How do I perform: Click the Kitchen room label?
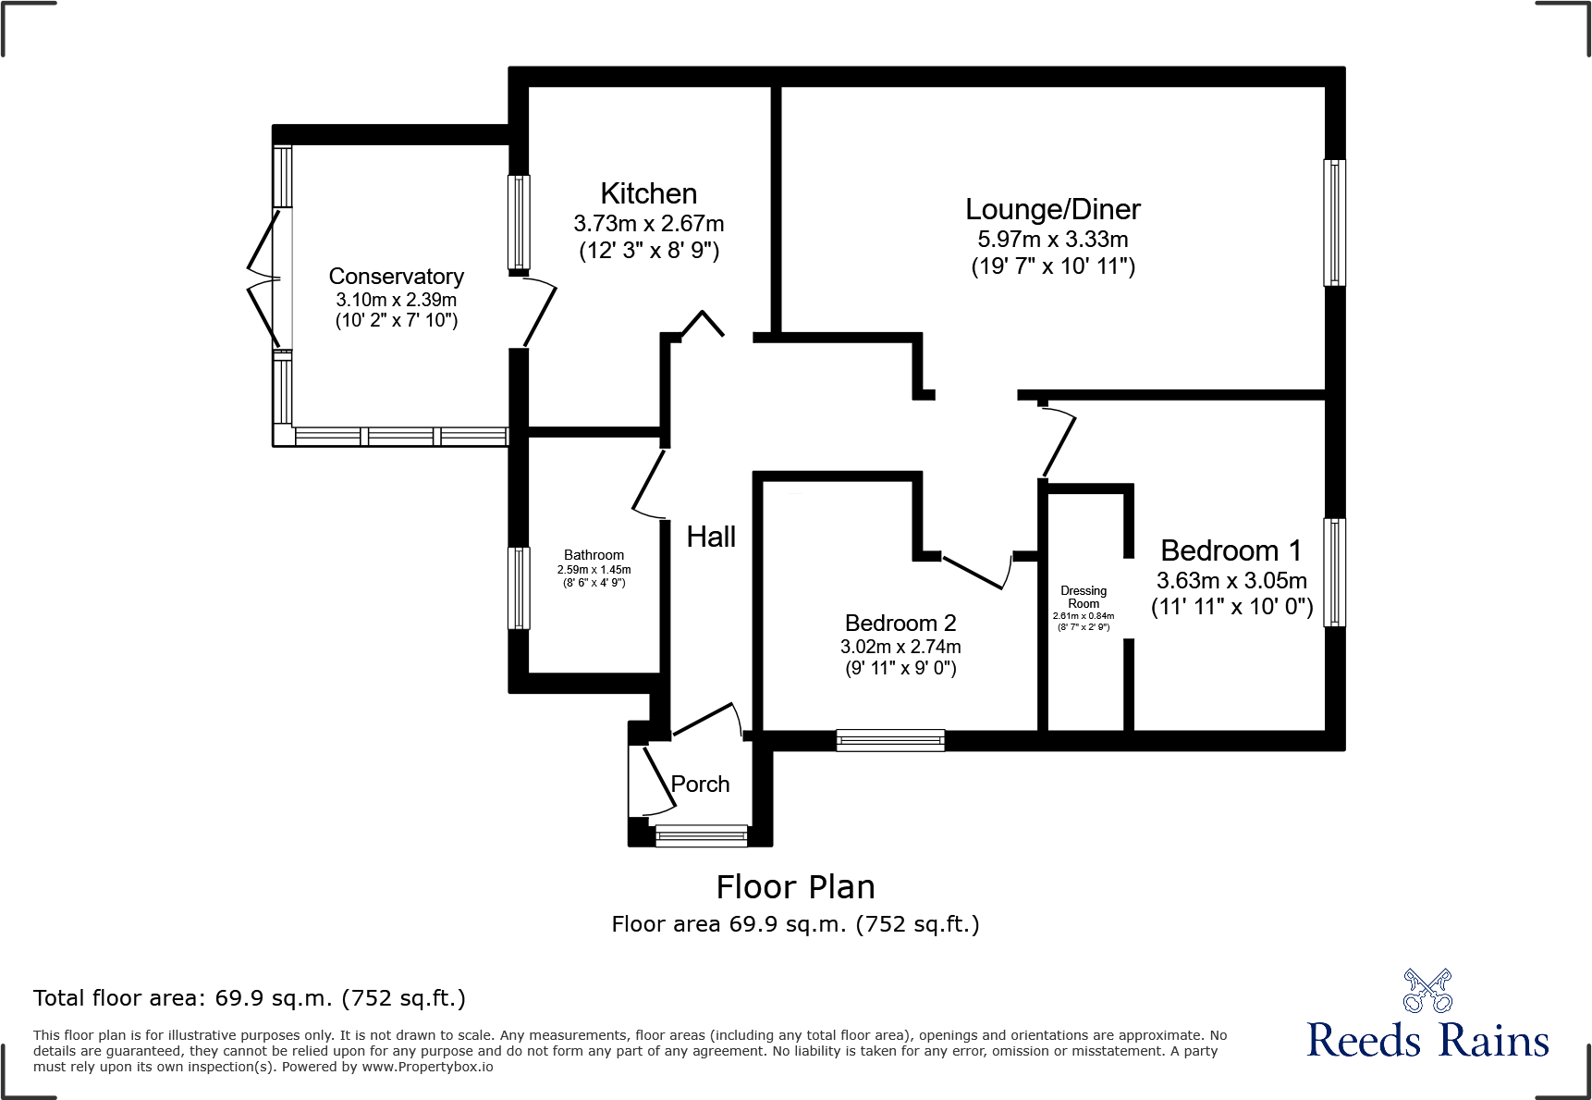tap(648, 193)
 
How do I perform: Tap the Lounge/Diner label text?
tap(1052, 209)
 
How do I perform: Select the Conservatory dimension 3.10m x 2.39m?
tap(396, 300)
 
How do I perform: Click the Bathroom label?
tap(594, 555)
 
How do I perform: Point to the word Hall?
tap(711, 537)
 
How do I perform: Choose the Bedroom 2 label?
tap(900, 623)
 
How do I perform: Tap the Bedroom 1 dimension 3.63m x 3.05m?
tap(1231, 581)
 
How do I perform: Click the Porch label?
tap(700, 784)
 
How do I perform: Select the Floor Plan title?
tap(795, 887)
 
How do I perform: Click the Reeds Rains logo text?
tap(1427, 1040)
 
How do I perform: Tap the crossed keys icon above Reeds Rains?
tap(1427, 991)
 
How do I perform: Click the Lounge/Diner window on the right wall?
tap(1334, 222)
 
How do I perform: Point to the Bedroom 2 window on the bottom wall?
tap(890, 739)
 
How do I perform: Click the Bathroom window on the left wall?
tap(520, 587)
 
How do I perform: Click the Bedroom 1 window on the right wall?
tap(1334, 572)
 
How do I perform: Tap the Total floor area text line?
tap(250, 998)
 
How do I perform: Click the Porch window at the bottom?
tap(701, 836)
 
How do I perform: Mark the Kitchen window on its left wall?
tap(520, 222)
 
